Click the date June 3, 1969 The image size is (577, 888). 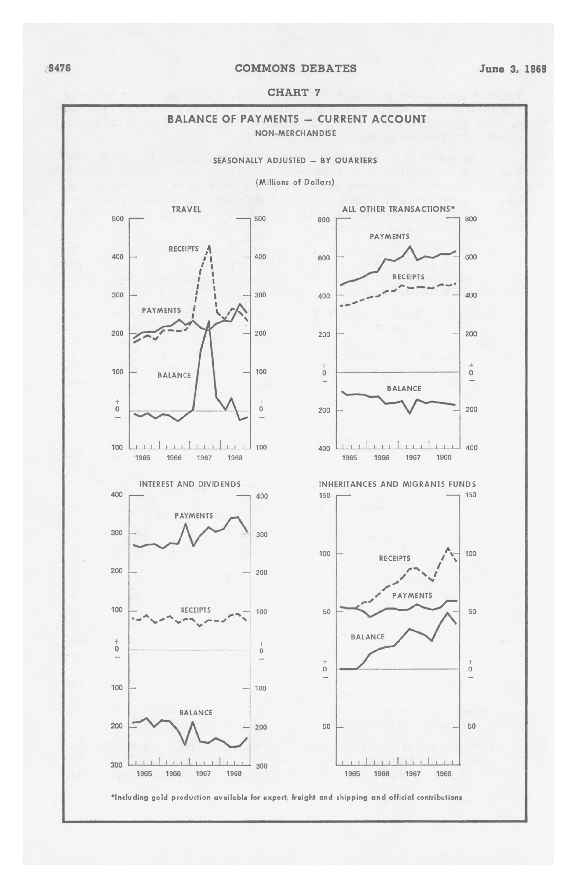(513, 69)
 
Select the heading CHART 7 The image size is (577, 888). (294, 93)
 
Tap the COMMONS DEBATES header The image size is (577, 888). (296, 69)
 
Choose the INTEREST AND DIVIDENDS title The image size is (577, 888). (190, 484)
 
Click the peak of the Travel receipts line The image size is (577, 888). (209, 246)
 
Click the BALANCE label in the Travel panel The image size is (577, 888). (174, 375)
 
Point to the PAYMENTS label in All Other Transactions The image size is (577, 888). (389, 237)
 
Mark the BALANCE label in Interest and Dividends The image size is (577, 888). (195, 713)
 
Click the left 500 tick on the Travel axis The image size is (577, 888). (118, 219)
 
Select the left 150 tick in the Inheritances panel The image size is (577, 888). (324, 496)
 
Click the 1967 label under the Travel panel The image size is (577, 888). (204, 458)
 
